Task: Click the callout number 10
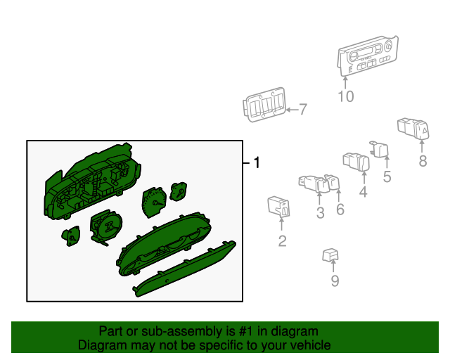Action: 346,96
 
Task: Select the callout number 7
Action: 303,110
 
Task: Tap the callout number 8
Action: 423,161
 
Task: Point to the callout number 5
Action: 387,176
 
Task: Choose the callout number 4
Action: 364,191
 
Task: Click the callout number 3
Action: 321,213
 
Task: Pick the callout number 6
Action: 340,210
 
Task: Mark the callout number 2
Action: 282,241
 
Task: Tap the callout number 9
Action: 335,281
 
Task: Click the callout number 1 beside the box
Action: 257,162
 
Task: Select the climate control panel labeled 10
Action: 368,56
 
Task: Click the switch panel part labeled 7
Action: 264,105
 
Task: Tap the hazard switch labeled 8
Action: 413,129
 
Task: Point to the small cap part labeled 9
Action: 330,255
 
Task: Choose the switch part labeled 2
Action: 278,206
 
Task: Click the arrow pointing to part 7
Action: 292,110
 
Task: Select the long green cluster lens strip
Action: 184,269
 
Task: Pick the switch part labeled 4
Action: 356,162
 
